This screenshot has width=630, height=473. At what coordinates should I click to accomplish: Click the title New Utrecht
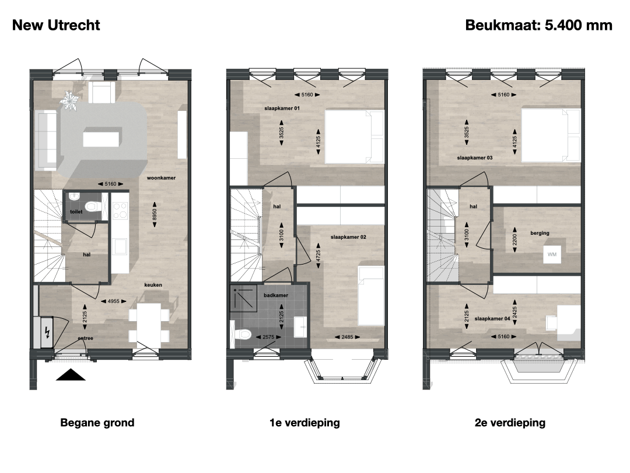(56, 25)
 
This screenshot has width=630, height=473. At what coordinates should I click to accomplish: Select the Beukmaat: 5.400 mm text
(538, 25)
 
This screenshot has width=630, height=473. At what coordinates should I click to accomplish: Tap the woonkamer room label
(161, 178)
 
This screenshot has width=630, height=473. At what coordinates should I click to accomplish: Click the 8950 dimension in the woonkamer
(155, 214)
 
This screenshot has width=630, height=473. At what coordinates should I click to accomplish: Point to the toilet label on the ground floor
(76, 211)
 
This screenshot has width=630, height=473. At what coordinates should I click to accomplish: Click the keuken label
(153, 285)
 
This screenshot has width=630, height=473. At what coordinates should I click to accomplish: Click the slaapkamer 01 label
(282, 108)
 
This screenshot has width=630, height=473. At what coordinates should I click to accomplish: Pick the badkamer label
(276, 295)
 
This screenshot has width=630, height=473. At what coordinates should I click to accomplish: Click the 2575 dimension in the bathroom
(268, 337)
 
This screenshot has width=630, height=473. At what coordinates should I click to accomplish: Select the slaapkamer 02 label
(348, 237)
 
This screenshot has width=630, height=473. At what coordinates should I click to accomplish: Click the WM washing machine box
(552, 254)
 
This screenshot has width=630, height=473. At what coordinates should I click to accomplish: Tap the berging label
(540, 233)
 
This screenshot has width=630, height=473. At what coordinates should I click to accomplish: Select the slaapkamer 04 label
(492, 319)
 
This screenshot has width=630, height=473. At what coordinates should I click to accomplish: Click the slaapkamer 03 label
(474, 158)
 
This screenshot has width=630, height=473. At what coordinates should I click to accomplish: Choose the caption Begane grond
(97, 423)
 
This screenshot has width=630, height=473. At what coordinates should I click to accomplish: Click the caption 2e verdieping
(510, 423)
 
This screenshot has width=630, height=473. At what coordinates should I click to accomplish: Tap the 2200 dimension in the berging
(514, 240)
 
